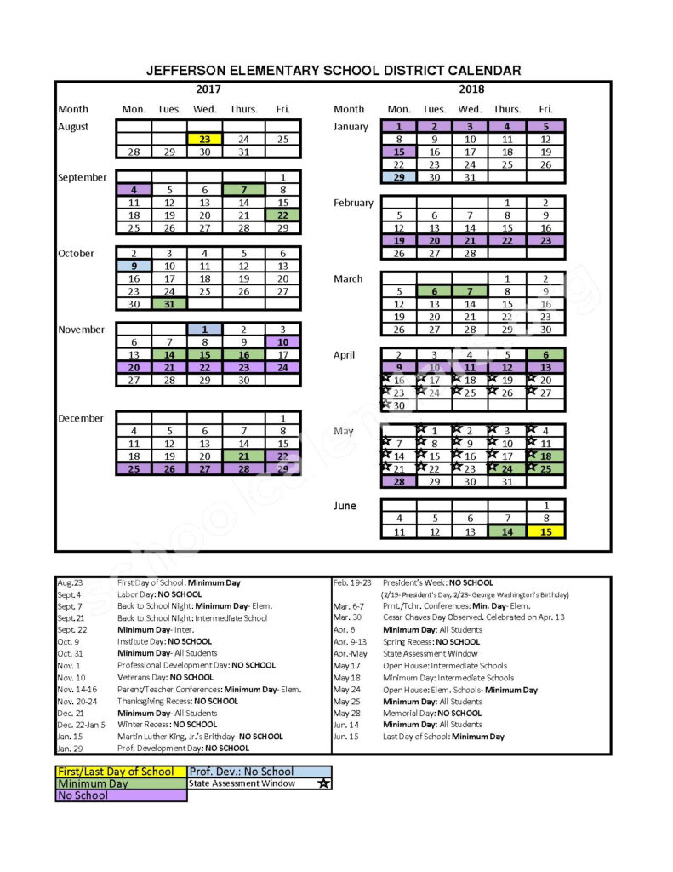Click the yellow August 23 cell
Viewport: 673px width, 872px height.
pyautogui.click(x=204, y=139)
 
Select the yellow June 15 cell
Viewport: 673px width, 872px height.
pyautogui.click(x=545, y=531)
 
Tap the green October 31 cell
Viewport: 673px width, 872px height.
pyautogui.click(x=169, y=303)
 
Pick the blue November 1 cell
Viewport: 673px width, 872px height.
pyautogui.click(x=204, y=329)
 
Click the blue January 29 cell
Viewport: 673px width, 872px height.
pyautogui.click(x=399, y=177)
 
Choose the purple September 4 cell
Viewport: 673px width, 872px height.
pyautogui.click(x=134, y=190)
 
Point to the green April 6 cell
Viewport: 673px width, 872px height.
pyautogui.click(x=545, y=354)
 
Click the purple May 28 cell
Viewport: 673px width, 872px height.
pyautogui.click(x=399, y=481)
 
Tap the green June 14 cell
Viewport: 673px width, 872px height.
pyautogui.click(x=507, y=531)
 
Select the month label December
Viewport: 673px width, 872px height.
pyautogui.click(x=82, y=418)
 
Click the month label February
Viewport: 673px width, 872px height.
pyautogui.click(x=353, y=203)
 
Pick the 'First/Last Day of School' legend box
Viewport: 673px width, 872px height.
pyautogui.click(x=121, y=772)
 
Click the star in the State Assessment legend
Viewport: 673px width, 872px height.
pyautogui.click(x=323, y=783)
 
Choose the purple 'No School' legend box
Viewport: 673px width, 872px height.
pyautogui.click(x=121, y=795)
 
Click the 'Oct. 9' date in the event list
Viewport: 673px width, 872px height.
pyautogui.click(x=69, y=641)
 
